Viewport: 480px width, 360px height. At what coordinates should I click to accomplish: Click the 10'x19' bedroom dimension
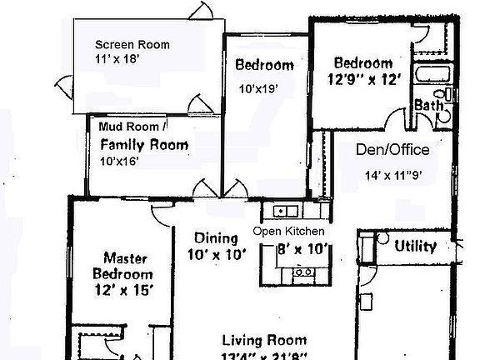pos(258,87)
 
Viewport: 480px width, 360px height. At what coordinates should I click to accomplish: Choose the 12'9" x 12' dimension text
pos(362,79)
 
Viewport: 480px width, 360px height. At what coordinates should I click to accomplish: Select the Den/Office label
pos(392,150)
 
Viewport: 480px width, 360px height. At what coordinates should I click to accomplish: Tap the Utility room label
pos(415,246)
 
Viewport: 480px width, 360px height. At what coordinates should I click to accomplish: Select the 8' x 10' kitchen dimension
pos(303,248)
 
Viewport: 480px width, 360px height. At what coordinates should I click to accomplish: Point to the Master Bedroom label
pos(127,266)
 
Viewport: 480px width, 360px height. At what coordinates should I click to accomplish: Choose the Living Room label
pos(264,340)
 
